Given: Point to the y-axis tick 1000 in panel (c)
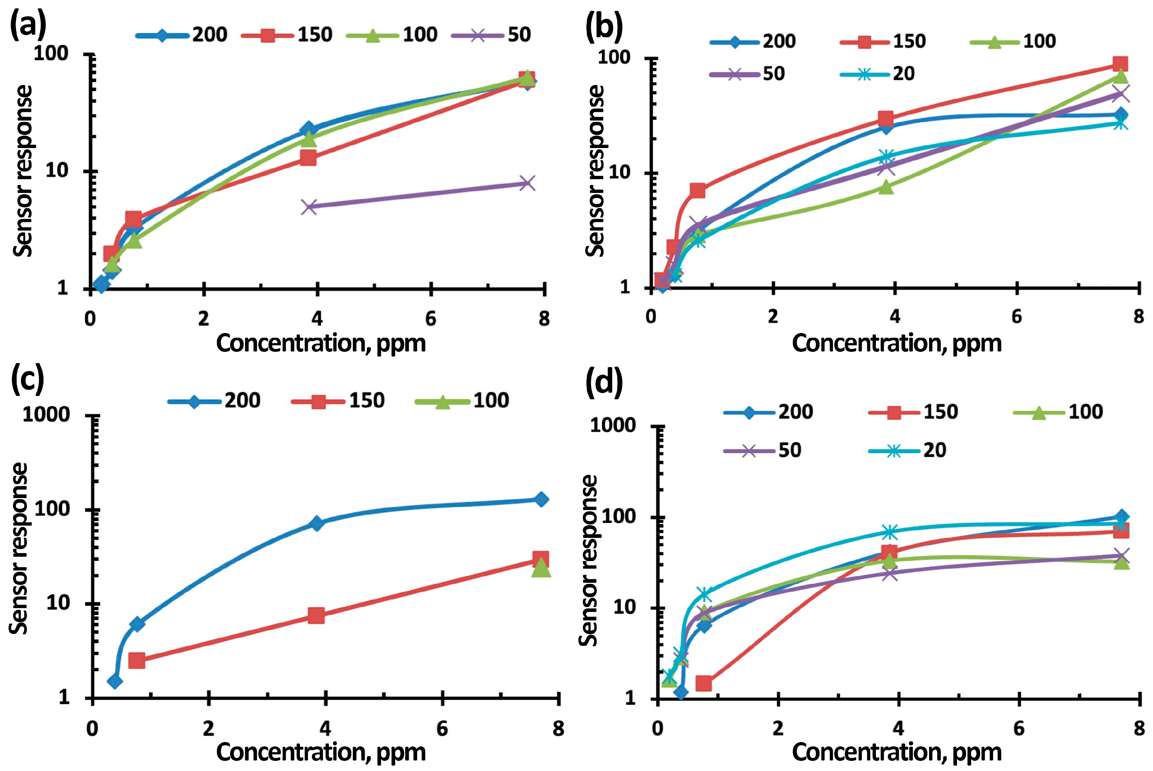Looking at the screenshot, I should (47, 414).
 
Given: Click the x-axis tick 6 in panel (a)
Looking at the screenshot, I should (431, 319).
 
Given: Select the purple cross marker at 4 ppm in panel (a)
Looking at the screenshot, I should (309, 207).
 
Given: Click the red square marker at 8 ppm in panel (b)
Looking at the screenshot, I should (1120, 64).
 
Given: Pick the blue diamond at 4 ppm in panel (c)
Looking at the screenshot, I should (317, 523).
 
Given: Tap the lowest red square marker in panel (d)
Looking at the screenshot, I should (703, 683).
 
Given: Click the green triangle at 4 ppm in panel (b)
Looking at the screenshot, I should (886, 186).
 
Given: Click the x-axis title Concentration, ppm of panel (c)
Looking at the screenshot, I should (321, 752).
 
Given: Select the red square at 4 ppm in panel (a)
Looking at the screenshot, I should (308, 158).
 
